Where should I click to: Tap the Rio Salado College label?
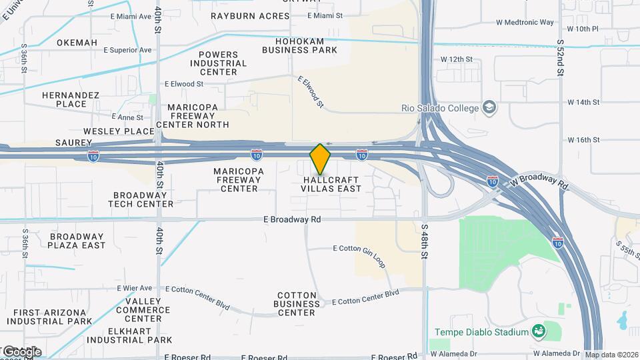[x=439, y=108]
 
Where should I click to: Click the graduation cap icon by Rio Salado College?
[x=490, y=107]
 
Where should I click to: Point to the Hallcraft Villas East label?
[x=331, y=184]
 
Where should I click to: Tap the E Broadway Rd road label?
[x=292, y=219]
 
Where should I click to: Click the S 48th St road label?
[x=425, y=241]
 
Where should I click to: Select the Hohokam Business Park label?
[x=299, y=45]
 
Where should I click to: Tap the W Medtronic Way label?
[x=525, y=22]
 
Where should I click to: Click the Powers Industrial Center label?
[x=218, y=63]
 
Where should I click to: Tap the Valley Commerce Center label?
[x=143, y=309]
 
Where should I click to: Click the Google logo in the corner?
[x=21, y=351]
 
